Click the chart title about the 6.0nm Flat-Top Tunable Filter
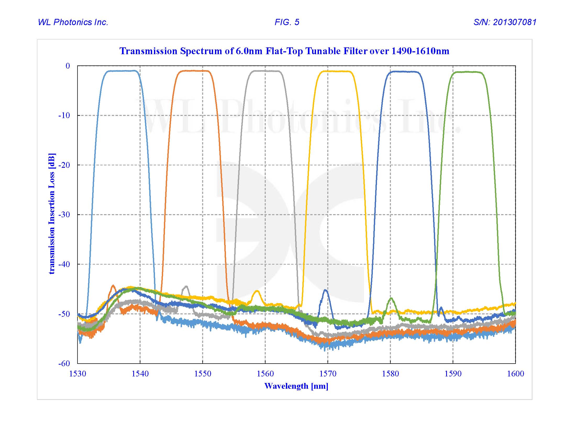click(x=284, y=51)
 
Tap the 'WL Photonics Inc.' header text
click(x=73, y=22)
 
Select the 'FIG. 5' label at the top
click(x=287, y=22)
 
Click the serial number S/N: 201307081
click(x=505, y=22)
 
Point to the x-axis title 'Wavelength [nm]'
click(x=296, y=386)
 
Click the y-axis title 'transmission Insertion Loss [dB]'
click(x=52, y=214)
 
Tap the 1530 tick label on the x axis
click(x=77, y=374)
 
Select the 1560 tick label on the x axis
click(x=265, y=374)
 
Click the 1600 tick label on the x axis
click(x=515, y=374)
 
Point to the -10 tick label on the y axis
click(x=64, y=115)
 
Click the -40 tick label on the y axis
click(x=64, y=264)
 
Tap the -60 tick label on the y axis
click(x=64, y=364)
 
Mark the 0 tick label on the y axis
click(x=68, y=66)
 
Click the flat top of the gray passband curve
click(x=265, y=71)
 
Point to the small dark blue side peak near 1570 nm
click(x=325, y=290)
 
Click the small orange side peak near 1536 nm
click(x=113, y=286)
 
